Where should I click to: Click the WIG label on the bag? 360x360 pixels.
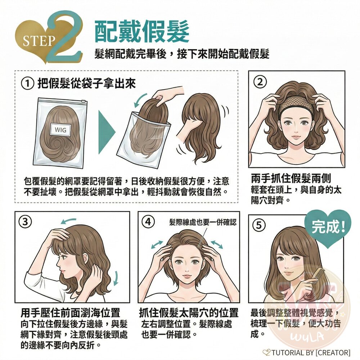point(61,130)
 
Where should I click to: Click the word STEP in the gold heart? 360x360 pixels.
point(39,41)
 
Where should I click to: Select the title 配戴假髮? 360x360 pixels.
point(142,32)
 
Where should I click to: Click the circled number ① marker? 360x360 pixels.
point(28,84)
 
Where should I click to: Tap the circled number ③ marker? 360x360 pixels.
point(25,222)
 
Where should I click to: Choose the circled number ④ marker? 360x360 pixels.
point(148,222)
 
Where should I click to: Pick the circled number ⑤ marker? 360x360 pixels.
point(259,225)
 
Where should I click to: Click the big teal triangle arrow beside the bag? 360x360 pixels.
point(107,132)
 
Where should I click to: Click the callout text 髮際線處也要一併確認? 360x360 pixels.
point(203,222)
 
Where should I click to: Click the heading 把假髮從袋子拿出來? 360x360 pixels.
point(86,84)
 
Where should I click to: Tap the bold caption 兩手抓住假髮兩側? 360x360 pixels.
point(291,179)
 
